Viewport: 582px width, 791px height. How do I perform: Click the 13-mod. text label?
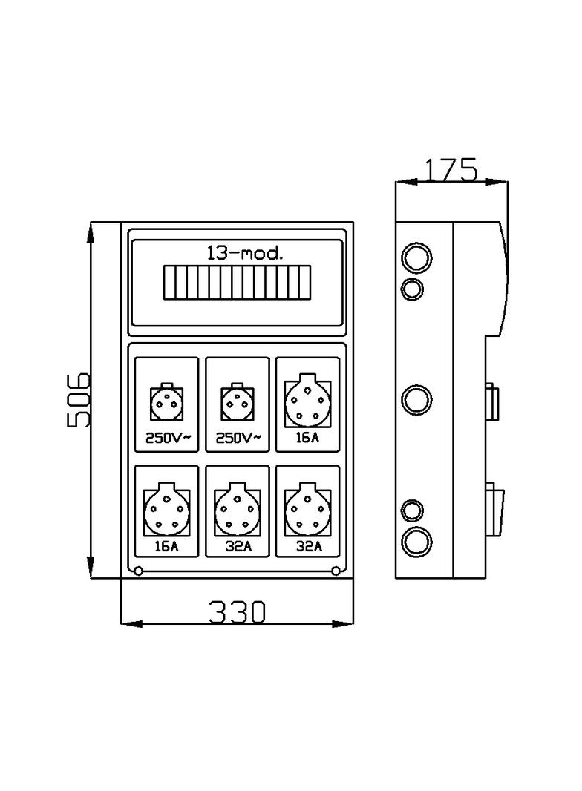click(x=245, y=254)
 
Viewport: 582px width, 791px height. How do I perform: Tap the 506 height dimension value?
click(x=79, y=400)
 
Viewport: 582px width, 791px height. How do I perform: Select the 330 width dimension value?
click(x=236, y=611)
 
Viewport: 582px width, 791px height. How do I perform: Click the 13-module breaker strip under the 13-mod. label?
click(x=237, y=283)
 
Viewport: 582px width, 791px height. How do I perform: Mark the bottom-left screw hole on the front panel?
click(x=139, y=570)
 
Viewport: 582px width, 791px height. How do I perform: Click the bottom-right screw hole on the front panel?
click(x=336, y=570)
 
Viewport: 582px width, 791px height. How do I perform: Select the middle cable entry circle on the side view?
click(x=416, y=400)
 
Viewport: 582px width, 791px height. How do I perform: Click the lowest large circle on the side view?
click(x=416, y=541)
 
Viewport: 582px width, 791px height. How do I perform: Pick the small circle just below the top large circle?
click(x=413, y=288)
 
